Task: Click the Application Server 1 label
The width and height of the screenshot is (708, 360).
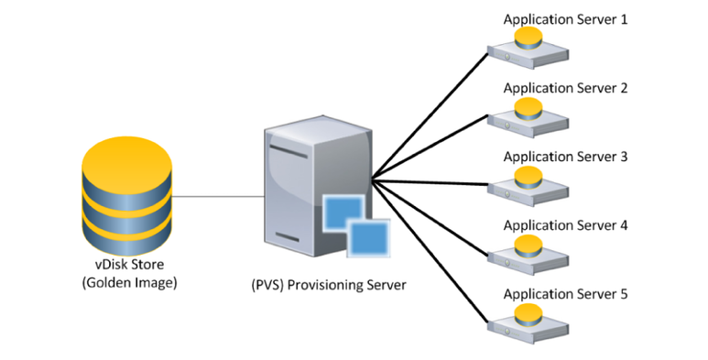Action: tap(565, 20)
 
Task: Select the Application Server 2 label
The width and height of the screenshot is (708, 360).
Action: tap(565, 88)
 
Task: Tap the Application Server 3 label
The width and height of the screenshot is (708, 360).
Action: tap(565, 157)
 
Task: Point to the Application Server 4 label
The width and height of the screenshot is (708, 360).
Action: tap(565, 225)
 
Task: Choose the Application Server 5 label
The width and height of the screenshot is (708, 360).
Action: tap(565, 294)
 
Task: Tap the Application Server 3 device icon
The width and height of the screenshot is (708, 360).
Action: tap(528, 186)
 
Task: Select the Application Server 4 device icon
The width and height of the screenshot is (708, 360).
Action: tap(528, 255)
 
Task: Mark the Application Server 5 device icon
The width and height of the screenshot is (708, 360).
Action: tap(528, 323)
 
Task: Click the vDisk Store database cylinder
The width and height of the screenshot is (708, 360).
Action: tap(127, 196)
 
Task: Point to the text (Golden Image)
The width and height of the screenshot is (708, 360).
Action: tap(129, 283)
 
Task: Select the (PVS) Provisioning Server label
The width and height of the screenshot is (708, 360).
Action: tap(329, 286)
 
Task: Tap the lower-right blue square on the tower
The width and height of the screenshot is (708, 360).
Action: tap(368, 238)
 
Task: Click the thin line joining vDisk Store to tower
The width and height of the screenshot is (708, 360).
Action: tap(218, 196)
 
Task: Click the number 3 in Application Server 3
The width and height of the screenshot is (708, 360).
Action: tap(624, 157)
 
